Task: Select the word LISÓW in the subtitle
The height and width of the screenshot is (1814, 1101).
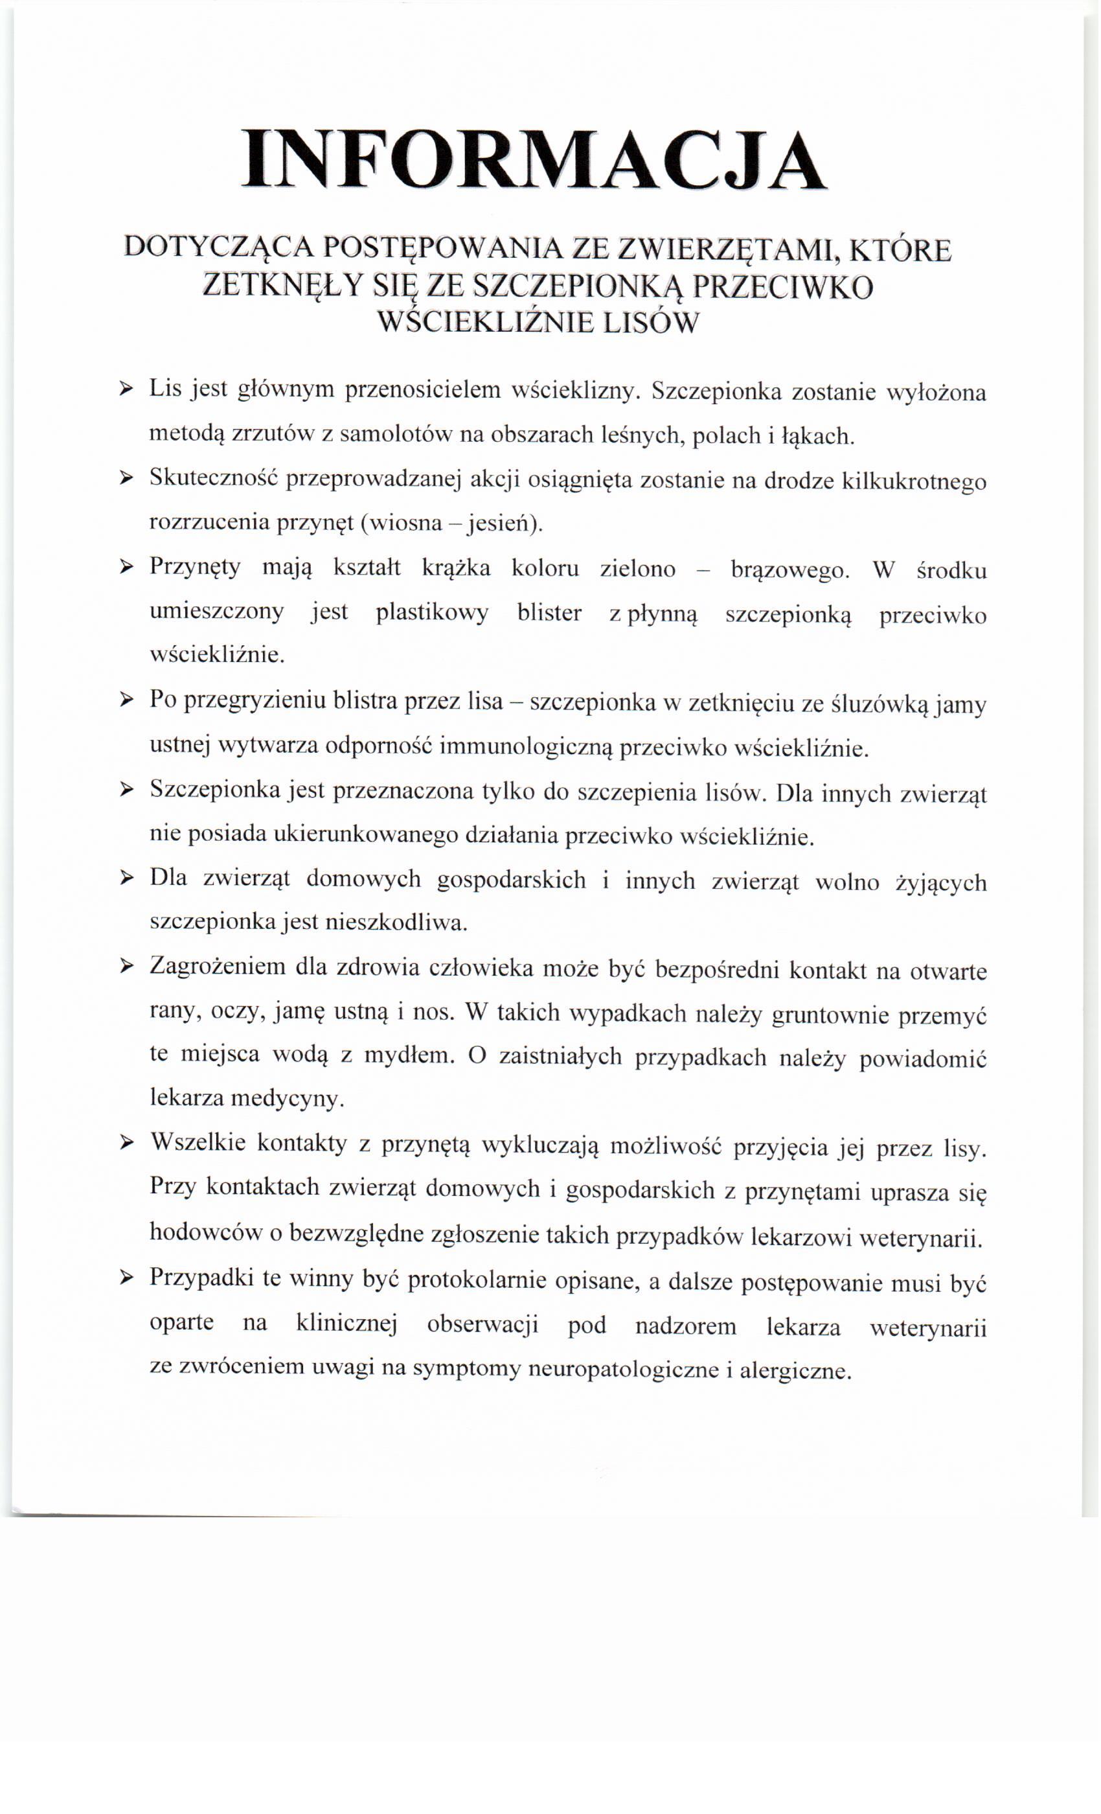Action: [x=649, y=323]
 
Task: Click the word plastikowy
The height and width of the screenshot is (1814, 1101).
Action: [x=432, y=614]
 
